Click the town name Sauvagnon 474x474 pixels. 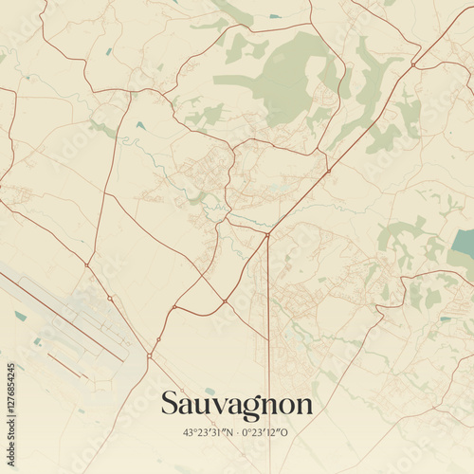click(x=236, y=404)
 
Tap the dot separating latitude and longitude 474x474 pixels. click(x=238, y=431)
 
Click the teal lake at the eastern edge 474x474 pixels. click(x=464, y=245)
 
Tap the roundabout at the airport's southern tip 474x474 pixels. click(x=149, y=356)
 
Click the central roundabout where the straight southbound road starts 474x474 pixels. click(x=268, y=235)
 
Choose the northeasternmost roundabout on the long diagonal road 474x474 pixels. click(x=414, y=64)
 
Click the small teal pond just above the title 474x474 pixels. click(x=210, y=391)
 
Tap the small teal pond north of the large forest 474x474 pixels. click(x=275, y=16)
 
